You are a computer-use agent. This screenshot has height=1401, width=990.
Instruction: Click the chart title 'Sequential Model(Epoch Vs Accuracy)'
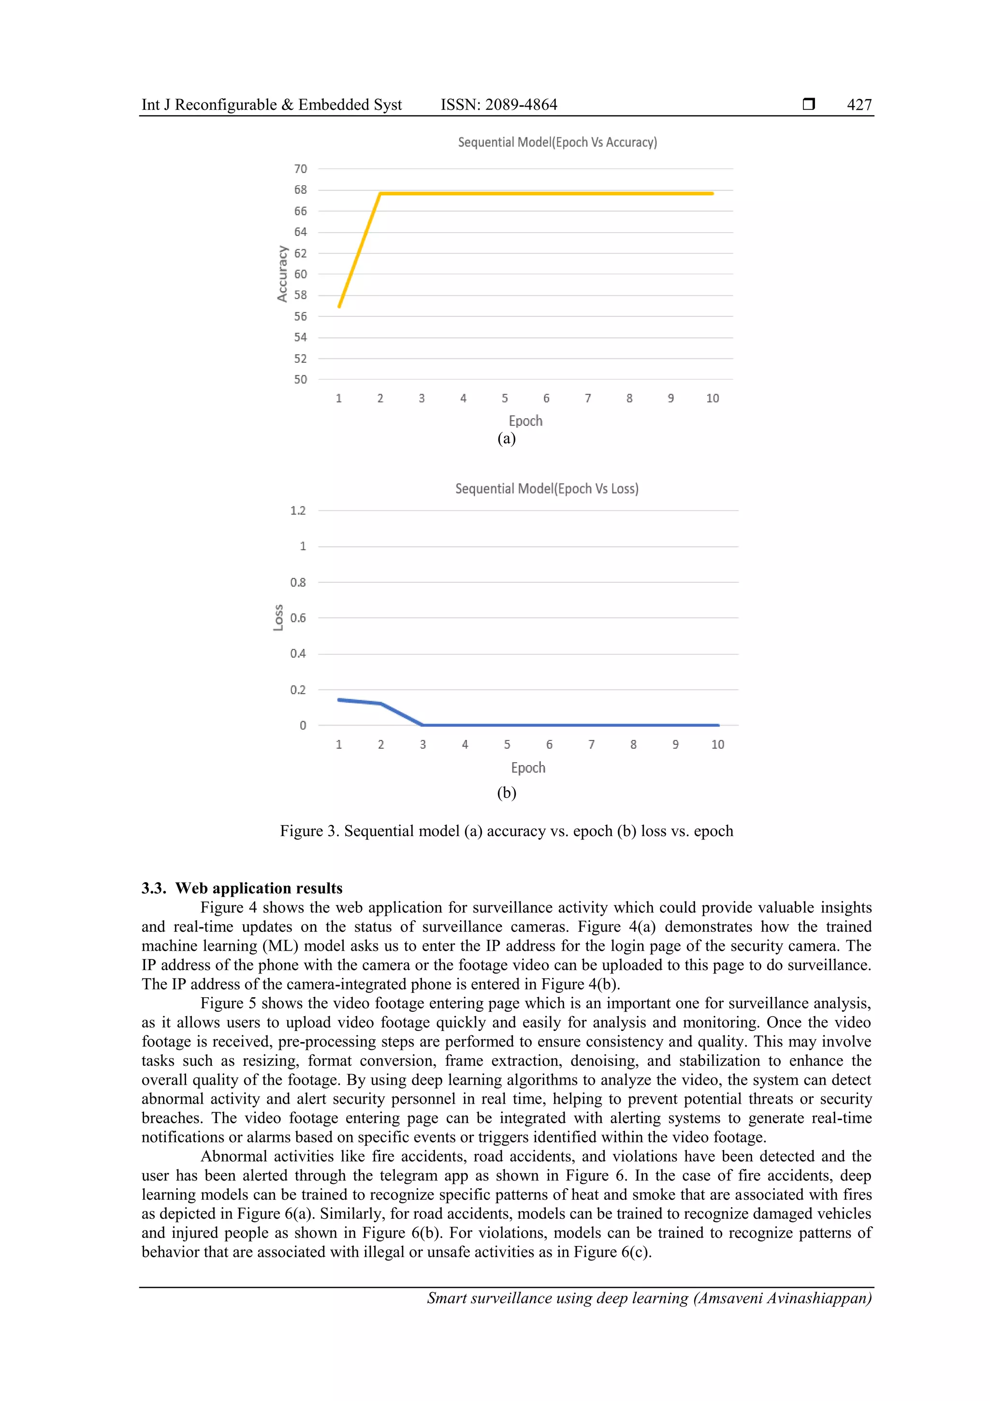click(x=557, y=142)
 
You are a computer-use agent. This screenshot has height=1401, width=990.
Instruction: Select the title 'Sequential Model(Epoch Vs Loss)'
click(x=547, y=489)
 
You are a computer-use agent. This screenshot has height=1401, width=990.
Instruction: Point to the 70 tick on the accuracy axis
click(x=300, y=169)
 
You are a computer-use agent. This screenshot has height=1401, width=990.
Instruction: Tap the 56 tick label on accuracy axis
click(x=300, y=317)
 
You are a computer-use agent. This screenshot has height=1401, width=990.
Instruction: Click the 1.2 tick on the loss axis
click(x=298, y=511)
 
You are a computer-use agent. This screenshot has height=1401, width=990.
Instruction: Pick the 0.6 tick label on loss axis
click(x=298, y=618)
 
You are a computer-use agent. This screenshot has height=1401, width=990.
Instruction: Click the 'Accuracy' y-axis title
click(x=282, y=274)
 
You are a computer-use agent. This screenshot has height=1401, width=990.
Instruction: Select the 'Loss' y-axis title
click(x=278, y=618)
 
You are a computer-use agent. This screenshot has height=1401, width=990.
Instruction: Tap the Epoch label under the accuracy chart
click(x=525, y=421)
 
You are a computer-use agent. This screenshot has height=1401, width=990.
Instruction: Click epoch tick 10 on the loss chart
click(x=717, y=744)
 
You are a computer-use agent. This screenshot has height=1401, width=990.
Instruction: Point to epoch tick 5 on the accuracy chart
click(x=505, y=398)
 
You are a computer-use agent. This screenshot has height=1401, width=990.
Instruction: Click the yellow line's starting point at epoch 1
click(x=339, y=306)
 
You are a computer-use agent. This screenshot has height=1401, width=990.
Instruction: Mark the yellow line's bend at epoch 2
click(x=380, y=193)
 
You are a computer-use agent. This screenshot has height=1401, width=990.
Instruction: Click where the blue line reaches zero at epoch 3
click(x=422, y=725)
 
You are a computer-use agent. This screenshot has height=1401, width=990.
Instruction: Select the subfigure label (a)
click(x=506, y=439)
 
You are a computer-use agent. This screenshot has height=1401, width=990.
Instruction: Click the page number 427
click(x=859, y=105)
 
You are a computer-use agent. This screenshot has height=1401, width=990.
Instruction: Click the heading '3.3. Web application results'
click(x=242, y=888)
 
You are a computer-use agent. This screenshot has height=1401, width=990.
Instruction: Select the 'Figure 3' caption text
click(x=506, y=831)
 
